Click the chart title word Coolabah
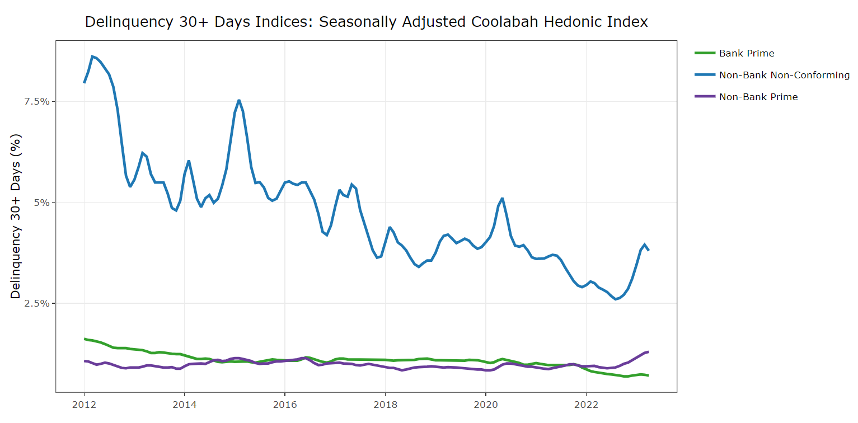tap(507, 22)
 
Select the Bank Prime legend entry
tap(747, 53)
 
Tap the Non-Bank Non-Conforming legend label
tap(784, 75)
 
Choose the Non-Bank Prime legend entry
tap(758, 97)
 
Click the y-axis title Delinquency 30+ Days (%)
tap(16, 215)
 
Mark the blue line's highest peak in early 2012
tap(92, 56)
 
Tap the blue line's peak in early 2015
tap(239, 100)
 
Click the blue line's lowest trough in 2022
tap(616, 299)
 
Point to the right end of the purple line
tap(648, 351)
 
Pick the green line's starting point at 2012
tap(85, 339)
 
